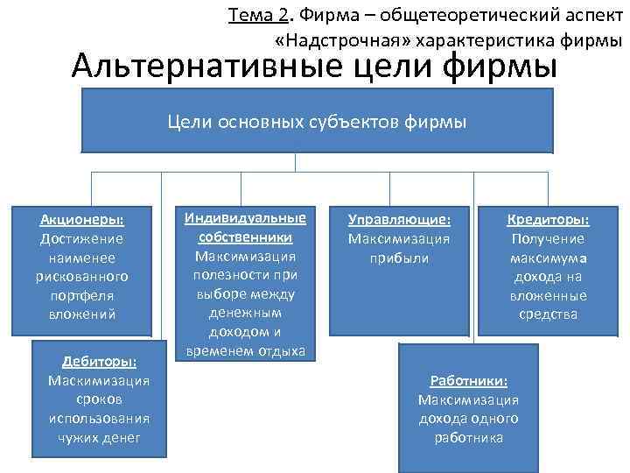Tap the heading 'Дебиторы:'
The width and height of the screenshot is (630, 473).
(99, 362)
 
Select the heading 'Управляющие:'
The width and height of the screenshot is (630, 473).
(399, 220)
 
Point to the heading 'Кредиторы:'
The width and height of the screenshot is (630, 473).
(549, 220)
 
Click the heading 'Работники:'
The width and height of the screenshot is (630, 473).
(469, 381)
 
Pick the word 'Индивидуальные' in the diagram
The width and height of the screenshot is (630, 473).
(245, 217)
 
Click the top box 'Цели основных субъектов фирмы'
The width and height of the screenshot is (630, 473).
(318, 122)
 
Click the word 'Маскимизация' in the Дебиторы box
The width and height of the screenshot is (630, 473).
(99, 380)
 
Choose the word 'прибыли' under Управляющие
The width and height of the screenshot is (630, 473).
(399, 258)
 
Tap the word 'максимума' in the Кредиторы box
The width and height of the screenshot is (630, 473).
(549, 258)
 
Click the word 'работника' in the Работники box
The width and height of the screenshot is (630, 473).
(469, 437)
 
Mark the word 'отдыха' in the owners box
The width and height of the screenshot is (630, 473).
(280, 351)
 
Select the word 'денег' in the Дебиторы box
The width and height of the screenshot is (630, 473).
(123, 437)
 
